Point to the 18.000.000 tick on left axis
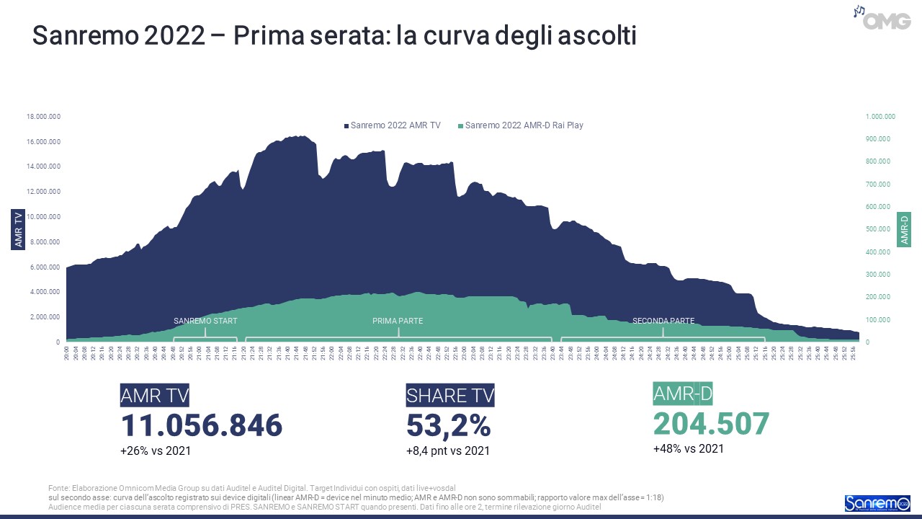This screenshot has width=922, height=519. click(x=43, y=116)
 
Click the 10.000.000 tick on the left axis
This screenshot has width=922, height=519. click(x=43, y=217)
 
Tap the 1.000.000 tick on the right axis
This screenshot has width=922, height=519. click(x=880, y=116)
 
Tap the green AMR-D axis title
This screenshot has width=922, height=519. click(x=904, y=229)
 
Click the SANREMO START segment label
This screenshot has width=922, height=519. click(x=205, y=321)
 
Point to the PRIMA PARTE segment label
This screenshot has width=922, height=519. click(x=398, y=321)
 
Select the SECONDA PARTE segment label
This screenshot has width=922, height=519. click(x=663, y=321)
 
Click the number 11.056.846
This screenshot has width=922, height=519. click(x=202, y=425)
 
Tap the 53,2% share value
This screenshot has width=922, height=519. click(x=449, y=425)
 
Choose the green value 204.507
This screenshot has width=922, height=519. click(x=712, y=423)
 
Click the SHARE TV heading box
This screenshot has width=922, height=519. click(x=450, y=395)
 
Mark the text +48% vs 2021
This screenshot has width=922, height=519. click(x=688, y=448)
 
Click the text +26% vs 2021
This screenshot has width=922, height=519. click(x=156, y=451)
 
